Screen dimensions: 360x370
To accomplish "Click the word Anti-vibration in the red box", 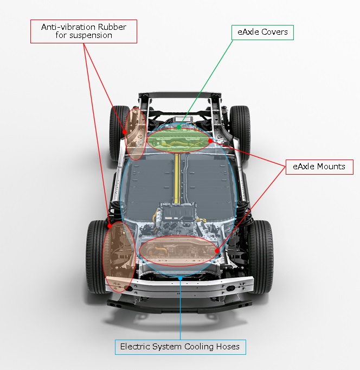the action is [x=69, y=27].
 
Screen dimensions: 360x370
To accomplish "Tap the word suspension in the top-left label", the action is [x=91, y=35].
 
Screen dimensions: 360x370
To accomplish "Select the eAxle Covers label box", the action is [x=262, y=33].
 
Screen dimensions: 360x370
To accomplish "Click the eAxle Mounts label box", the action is [x=319, y=167].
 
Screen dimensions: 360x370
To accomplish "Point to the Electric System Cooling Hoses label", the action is [x=181, y=347].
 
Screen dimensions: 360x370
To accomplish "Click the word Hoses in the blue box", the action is [x=228, y=347].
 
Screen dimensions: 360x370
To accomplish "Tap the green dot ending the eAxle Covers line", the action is [x=179, y=127].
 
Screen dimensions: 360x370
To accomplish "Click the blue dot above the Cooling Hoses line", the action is [x=180, y=278].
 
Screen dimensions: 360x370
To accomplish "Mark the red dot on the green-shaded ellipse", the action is [x=210, y=141].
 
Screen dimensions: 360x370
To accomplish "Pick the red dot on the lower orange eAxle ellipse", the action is [x=217, y=251].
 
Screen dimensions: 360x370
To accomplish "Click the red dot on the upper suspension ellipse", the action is [x=125, y=132].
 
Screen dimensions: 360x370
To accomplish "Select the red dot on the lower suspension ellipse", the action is [x=110, y=226].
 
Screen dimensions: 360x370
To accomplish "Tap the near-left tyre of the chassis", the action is [x=95, y=257].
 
